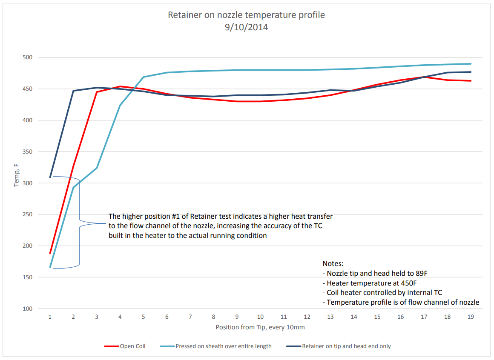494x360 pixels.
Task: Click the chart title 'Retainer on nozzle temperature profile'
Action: pos(246,15)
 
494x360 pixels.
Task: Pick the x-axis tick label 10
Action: pos(260,317)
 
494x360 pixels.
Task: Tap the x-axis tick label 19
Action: pos(471,317)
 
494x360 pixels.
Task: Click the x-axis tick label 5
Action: pos(144,317)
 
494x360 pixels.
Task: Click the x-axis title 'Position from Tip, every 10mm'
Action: pos(260,327)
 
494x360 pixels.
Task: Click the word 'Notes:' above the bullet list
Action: pos(333,264)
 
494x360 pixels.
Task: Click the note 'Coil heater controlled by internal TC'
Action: pos(382,293)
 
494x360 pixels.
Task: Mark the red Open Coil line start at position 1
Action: pos(50,253)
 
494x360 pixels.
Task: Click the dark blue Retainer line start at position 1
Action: pos(50,177)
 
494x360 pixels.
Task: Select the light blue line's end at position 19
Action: pos(471,64)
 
